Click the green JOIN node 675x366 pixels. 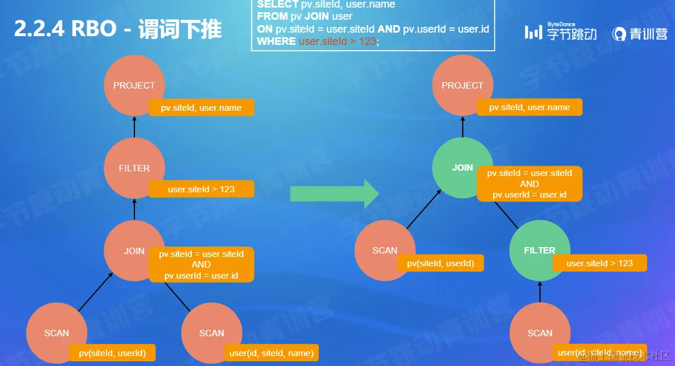point(462,168)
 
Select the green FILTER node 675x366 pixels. point(539,251)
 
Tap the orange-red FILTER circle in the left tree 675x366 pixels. point(134,168)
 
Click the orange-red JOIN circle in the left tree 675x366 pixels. point(134,251)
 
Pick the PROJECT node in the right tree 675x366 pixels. point(462,85)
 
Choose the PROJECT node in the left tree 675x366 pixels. point(134,85)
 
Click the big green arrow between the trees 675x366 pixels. point(335,193)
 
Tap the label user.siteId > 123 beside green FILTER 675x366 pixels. point(599,263)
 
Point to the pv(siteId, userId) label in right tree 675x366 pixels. point(440,263)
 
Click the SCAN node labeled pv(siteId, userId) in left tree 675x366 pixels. point(56,333)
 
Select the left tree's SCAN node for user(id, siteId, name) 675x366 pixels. point(211,333)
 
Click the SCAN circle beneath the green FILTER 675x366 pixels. point(539,333)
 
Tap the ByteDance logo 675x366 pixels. point(560,33)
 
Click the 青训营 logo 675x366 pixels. point(640,34)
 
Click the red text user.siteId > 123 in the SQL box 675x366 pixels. point(338,41)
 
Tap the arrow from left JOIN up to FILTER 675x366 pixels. point(134,209)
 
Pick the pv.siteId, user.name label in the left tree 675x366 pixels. point(201,108)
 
